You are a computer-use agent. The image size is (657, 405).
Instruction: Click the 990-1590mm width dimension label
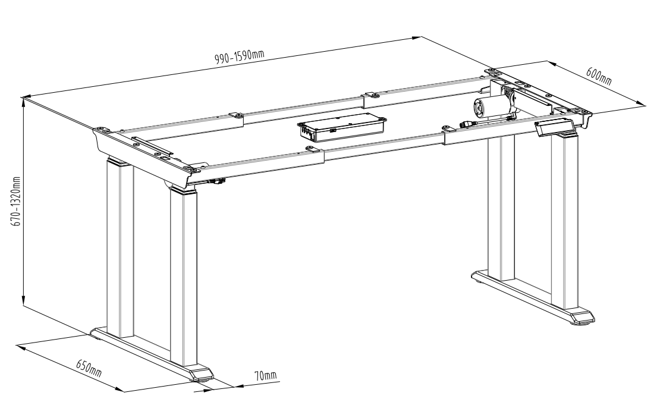239,56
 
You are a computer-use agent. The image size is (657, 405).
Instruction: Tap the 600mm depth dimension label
599,76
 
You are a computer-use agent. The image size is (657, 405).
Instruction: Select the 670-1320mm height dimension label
17,202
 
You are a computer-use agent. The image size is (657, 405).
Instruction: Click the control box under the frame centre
341,127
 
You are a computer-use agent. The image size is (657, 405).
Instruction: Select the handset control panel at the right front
554,127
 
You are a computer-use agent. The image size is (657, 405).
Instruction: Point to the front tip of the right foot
594,318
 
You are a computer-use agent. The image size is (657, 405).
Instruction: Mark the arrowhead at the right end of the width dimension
416,38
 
